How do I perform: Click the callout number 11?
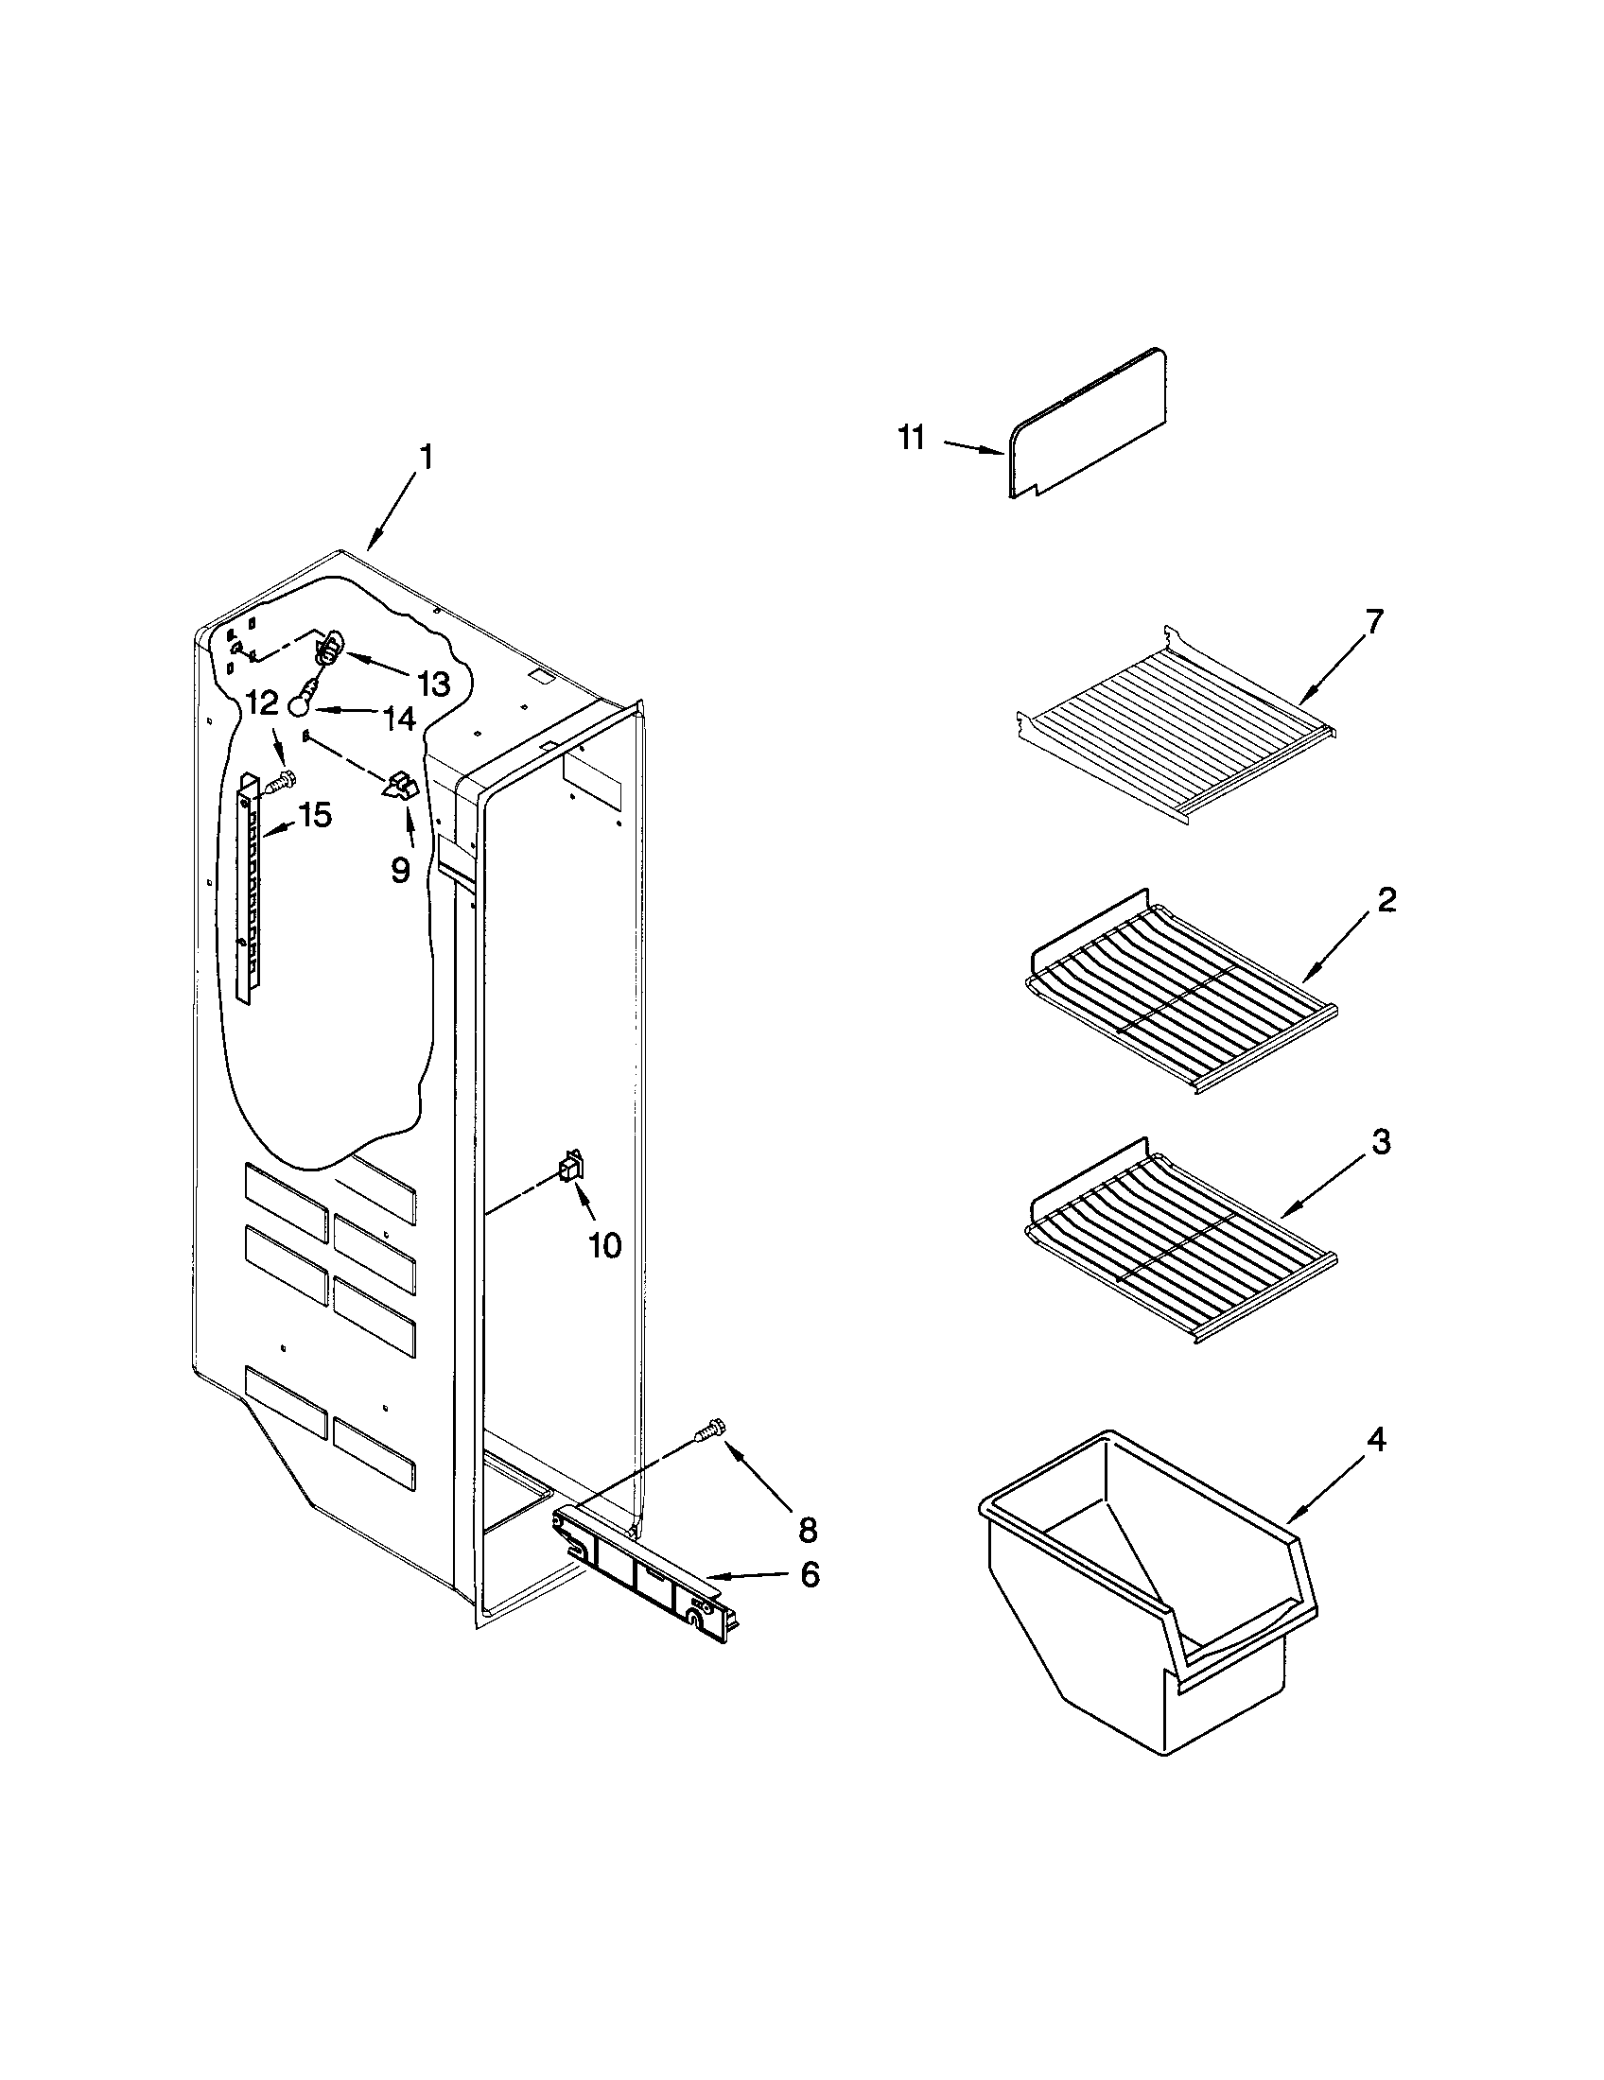912,439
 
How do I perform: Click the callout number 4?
1375,1440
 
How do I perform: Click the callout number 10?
605,1244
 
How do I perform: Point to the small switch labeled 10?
570,1166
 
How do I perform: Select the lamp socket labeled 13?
327,650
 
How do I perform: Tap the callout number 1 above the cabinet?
426,459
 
